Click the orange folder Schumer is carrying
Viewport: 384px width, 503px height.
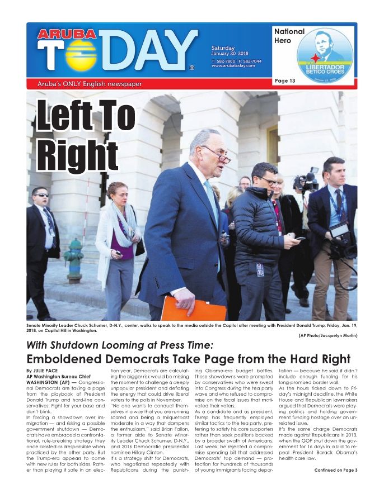[x=193, y=309]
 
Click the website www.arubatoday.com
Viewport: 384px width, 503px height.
[x=233, y=65]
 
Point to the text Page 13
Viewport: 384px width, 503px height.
[x=285, y=81]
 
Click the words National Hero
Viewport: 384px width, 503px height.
[x=289, y=36]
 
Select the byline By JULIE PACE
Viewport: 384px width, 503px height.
[x=44, y=371]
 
